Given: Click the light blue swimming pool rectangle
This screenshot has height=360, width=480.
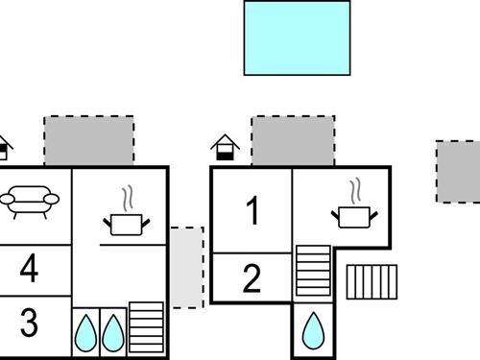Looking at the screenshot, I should pyautogui.click(x=297, y=37).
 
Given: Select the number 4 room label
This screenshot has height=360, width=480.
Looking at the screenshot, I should pyautogui.click(x=30, y=269).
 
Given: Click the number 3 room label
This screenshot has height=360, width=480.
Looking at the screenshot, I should pyautogui.click(x=30, y=323).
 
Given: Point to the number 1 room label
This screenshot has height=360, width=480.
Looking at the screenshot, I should pyautogui.click(x=252, y=211).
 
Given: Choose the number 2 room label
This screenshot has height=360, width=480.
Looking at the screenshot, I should pyautogui.click(x=252, y=279).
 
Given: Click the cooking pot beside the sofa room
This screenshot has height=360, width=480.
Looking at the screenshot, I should pyautogui.click(x=126, y=225).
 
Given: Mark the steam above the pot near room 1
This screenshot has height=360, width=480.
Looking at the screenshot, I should pyautogui.click(x=355, y=187).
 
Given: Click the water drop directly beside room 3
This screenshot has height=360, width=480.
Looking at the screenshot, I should pyautogui.click(x=85, y=332).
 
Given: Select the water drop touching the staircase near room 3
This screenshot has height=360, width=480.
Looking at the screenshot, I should pyautogui.click(x=113, y=332).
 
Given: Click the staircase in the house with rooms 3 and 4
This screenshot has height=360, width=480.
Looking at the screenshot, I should pyautogui.click(x=146, y=329).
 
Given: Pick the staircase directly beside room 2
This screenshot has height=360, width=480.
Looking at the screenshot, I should pyautogui.click(x=312, y=271).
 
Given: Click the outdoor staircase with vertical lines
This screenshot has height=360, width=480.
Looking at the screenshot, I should pyautogui.click(x=371, y=281).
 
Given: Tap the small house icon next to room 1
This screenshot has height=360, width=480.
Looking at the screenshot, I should pyautogui.click(x=225, y=147).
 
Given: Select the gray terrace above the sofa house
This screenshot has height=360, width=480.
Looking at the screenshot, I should pyautogui.click(x=88, y=141).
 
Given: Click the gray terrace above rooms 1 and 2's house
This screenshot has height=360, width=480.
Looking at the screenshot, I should pyautogui.click(x=293, y=141).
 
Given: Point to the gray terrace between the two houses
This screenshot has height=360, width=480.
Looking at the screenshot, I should pyautogui.click(x=187, y=267).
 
